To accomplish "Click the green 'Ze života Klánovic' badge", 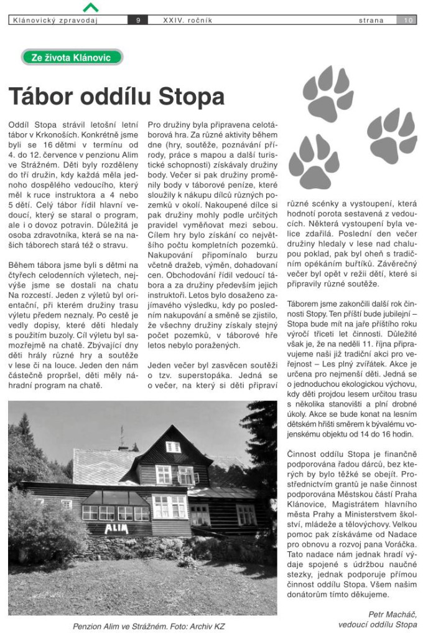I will click(71, 57).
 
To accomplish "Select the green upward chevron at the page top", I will click(90, 8).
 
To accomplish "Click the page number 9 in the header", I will click(138, 21).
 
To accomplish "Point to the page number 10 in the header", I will click(408, 21).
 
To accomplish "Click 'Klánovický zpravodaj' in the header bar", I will click(55, 21).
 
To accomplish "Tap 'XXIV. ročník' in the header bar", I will click(187, 21).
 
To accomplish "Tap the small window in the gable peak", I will click(173, 446).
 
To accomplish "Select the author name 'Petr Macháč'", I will click(393, 614).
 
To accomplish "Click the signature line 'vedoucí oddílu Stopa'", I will click(378, 624).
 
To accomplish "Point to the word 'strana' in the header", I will click(371, 21).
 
